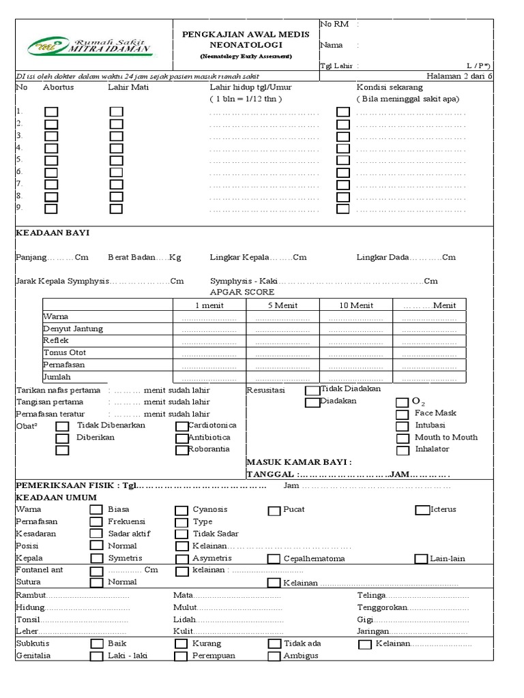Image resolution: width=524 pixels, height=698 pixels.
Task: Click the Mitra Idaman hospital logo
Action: [90, 44]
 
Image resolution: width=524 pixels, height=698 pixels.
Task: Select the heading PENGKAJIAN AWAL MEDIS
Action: [246, 34]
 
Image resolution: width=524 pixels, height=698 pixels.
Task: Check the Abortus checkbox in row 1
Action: [51, 112]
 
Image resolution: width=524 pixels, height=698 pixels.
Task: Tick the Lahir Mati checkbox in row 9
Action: [117, 209]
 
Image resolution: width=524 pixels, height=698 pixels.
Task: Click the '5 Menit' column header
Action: [282, 305]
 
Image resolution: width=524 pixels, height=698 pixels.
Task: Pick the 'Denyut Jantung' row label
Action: [73, 329]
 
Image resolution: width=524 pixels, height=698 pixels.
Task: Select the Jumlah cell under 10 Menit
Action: [355, 377]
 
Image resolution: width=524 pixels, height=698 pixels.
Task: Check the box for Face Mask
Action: [403, 413]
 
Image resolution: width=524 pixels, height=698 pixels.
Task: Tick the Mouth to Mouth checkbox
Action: [403, 438]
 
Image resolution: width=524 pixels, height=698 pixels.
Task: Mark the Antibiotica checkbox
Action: [182, 438]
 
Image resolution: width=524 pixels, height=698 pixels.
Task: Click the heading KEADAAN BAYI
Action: [53, 232]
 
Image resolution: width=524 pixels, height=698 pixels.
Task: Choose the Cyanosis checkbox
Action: [181, 510]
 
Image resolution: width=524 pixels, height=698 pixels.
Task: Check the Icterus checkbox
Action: [422, 510]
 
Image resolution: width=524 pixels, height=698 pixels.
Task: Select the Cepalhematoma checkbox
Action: [274, 559]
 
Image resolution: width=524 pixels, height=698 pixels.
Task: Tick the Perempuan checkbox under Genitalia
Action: [181, 656]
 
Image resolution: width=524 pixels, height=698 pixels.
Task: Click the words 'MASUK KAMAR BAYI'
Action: [299, 461]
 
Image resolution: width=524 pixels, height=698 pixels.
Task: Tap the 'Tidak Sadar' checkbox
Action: [181, 534]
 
